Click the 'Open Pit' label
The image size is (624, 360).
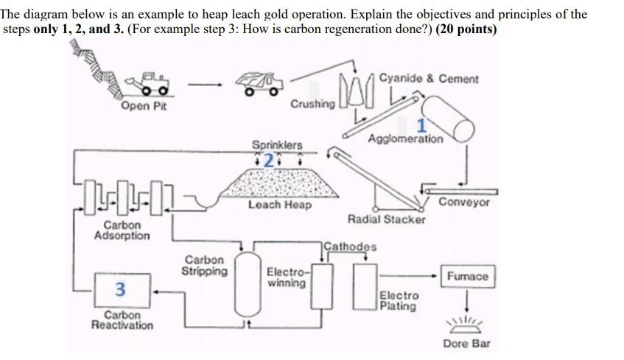(144, 107)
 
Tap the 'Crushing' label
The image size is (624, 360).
(312, 104)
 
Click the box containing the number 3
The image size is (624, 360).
(122, 289)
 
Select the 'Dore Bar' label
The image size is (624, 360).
(466, 344)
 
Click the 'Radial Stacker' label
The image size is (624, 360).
(386, 219)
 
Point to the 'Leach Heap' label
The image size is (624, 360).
(279, 205)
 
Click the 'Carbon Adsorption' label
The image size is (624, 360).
(122, 230)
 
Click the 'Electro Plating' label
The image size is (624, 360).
(399, 300)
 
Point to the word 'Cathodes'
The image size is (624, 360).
(350, 247)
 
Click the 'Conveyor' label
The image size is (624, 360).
(464, 202)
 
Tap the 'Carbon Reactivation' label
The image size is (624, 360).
(122, 320)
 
